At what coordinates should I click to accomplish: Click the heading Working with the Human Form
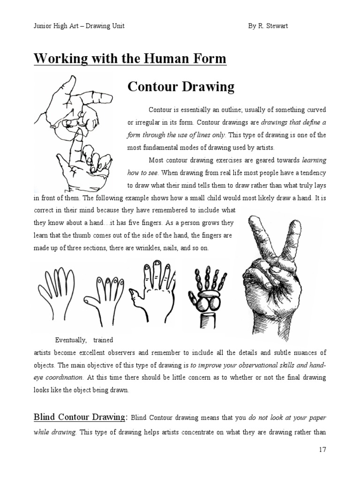[x=130, y=60]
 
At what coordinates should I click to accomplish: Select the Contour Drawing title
[x=181, y=87]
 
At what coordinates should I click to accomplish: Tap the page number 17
[x=322, y=450]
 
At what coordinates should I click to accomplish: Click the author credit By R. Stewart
[x=268, y=26]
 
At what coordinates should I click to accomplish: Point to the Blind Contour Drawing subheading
[x=80, y=417]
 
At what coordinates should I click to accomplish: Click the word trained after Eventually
[x=103, y=340]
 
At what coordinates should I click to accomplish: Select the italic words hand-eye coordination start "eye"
[x=39, y=377]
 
